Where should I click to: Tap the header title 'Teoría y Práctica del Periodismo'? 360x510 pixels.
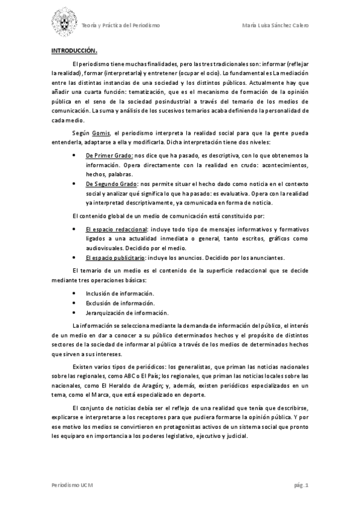[x=120, y=26]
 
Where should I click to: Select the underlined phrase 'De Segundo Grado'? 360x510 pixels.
[x=112, y=183]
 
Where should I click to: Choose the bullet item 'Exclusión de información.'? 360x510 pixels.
[x=120, y=303]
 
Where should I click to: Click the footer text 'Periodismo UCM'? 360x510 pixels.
[x=71, y=485]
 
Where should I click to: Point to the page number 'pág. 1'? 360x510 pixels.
[x=301, y=485]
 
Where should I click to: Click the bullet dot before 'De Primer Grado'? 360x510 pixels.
[x=73, y=156]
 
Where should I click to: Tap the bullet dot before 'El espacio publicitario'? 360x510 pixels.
[x=73, y=257]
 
